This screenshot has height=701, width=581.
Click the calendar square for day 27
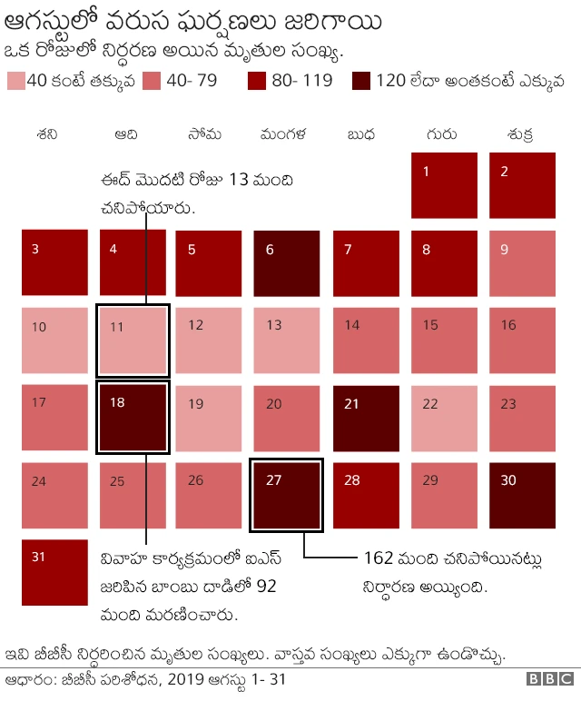(286, 496)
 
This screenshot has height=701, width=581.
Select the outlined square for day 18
(133, 418)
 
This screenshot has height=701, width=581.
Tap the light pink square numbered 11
(133, 341)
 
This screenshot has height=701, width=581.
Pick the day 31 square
(54, 573)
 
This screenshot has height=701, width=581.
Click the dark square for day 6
(286, 263)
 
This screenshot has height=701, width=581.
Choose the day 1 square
(444, 185)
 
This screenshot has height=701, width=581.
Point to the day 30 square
(522, 496)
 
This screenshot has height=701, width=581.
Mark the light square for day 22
(444, 418)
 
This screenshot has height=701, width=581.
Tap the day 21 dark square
(366, 418)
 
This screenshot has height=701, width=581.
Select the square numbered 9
(522, 263)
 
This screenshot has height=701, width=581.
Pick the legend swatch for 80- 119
(258, 81)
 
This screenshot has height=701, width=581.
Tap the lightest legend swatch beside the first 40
(15, 81)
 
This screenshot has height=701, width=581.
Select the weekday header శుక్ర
(521, 134)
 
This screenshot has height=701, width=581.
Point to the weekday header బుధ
(362, 134)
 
